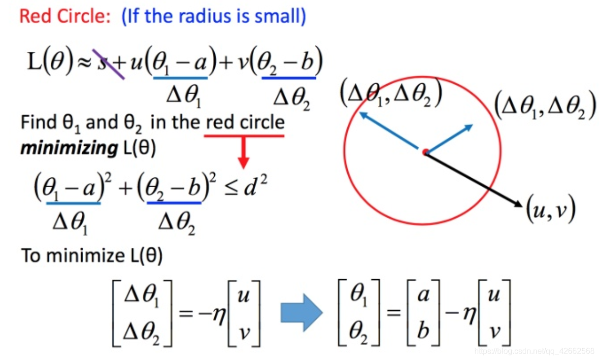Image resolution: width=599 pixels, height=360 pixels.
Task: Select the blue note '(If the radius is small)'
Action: pos(213,16)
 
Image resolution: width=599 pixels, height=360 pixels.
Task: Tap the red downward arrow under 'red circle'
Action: pos(244,157)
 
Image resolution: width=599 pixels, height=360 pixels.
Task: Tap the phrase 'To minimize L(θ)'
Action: pos(92,255)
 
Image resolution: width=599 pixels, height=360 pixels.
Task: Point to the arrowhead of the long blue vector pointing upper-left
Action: pos(363,115)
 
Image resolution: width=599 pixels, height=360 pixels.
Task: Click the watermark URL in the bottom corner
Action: pos(534,351)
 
